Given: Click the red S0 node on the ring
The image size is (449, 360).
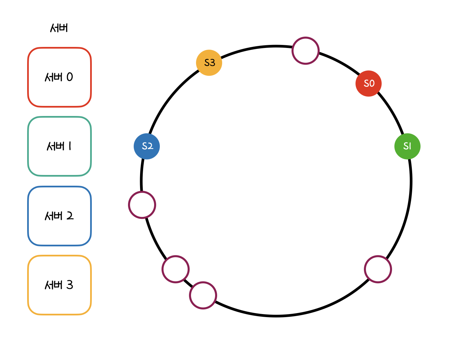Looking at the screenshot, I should tap(369, 83).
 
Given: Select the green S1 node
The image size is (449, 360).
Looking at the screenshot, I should tap(407, 146).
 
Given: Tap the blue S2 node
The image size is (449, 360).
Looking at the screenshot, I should tap(147, 146).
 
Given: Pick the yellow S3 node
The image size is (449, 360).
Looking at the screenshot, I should tap(209, 63).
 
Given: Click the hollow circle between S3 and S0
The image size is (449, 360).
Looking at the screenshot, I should tap(305, 51).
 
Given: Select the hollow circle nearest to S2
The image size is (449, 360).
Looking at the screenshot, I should tap(142, 205).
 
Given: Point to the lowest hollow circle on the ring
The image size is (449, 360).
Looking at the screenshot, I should tap(203, 295).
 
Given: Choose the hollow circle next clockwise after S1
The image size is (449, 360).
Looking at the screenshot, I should tap(378, 269).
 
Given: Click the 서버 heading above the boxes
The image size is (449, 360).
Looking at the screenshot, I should tap(59, 28).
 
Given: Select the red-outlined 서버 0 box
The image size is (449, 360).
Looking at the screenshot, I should tap(59, 77).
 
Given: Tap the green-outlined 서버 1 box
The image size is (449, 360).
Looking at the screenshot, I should tap(59, 146).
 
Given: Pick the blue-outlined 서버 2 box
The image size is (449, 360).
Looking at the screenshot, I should tap(59, 216).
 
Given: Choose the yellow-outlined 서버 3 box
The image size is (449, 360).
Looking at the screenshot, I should tap(59, 285).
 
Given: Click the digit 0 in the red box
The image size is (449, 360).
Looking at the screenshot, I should tap(70, 77).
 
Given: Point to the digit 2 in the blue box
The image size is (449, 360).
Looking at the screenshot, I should tap(70, 216).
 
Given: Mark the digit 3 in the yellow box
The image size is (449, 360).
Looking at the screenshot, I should tap(70, 285).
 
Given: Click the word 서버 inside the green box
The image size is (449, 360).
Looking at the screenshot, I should tap(56, 146).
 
